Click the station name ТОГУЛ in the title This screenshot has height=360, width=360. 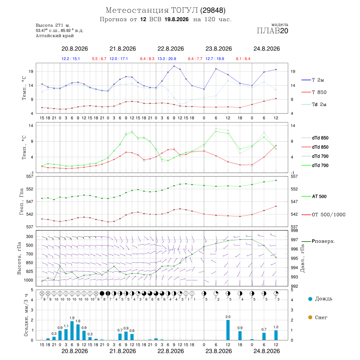click(x=183, y=10)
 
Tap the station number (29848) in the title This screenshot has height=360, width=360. click(x=213, y=10)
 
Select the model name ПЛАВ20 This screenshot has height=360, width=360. click(x=272, y=31)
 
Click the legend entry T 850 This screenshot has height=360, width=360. click(x=319, y=92)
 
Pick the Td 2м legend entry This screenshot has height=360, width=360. click(x=319, y=104)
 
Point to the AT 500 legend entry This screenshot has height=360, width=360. click(x=319, y=196)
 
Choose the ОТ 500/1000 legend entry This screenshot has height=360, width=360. click(x=328, y=214)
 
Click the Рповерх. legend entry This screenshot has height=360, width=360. click(x=323, y=241)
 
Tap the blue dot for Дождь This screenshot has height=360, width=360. click(x=310, y=299)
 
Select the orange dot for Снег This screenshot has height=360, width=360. click(x=310, y=317)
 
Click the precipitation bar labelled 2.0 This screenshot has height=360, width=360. click(x=228, y=330)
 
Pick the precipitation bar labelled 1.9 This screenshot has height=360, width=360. click(x=72, y=331)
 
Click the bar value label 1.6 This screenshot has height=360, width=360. click(x=78, y=321)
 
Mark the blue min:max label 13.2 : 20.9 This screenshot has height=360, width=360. click(x=167, y=59)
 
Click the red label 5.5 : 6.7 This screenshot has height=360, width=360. click(x=99, y=59)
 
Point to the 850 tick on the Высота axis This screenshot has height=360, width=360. click(x=29, y=263)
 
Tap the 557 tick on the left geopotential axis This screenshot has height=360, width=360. click(x=30, y=176)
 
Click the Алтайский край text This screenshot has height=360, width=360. click(x=55, y=36)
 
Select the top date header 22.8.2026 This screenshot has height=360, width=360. click(x=170, y=49)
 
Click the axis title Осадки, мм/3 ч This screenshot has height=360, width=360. click(x=26, y=315)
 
